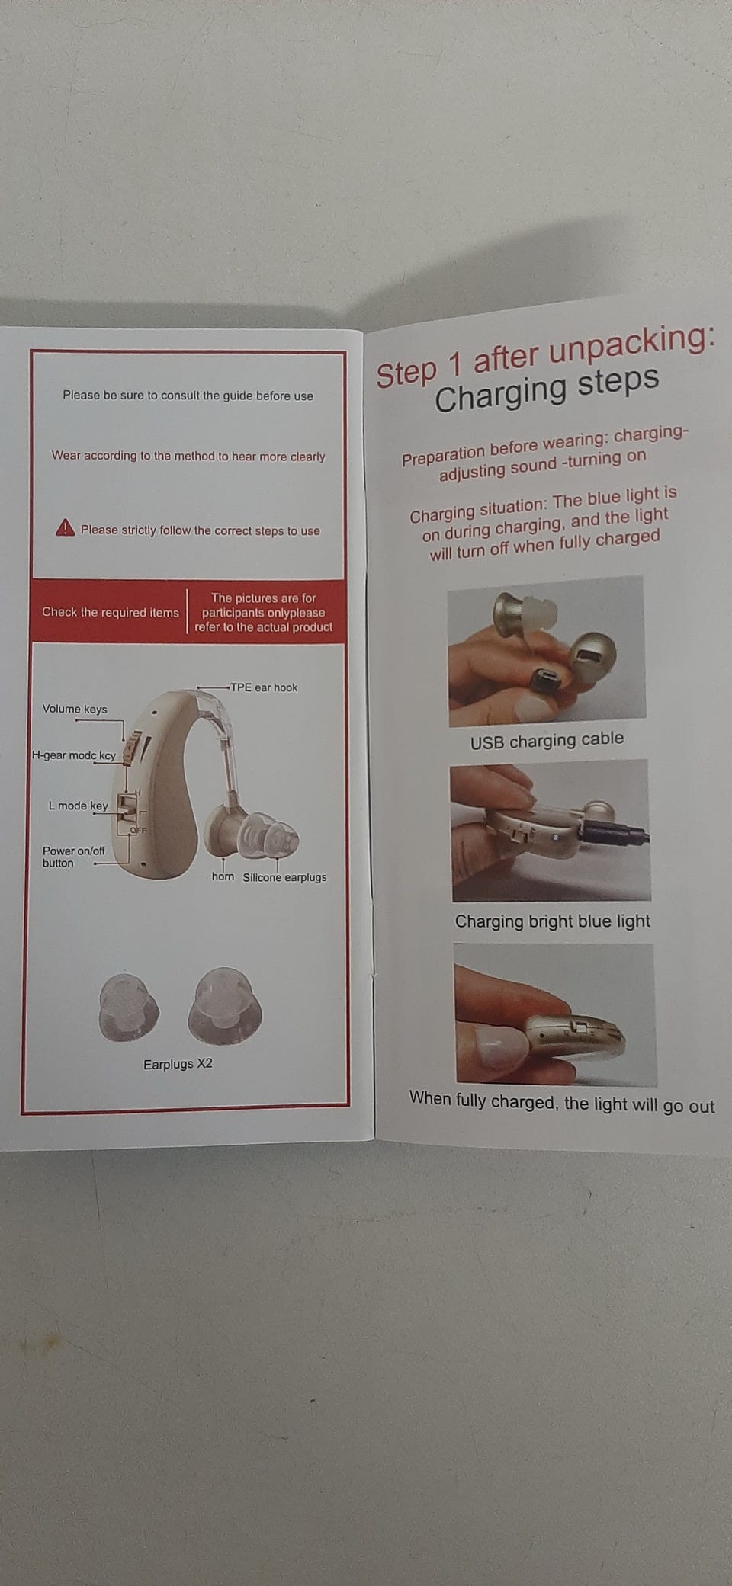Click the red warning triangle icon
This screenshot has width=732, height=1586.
point(65,527)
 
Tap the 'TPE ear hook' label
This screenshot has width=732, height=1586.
point(264,687)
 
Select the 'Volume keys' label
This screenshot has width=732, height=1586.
point(75,709)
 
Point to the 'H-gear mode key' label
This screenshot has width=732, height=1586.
point(73,755)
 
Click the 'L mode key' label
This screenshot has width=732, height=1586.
point(78,806)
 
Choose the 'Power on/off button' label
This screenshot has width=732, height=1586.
point(73,857)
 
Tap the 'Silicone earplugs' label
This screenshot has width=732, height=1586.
point(284,877)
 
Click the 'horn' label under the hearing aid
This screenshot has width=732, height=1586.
point(223,876)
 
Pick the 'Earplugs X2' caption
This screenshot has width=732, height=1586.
point(178,1064)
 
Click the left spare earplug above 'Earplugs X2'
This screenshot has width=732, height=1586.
point(129,1007)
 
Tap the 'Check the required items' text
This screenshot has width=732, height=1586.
point(111,612)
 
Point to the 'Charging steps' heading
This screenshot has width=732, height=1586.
point(547,389)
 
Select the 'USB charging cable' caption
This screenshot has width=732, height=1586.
point(547,740)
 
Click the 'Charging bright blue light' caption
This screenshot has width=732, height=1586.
point(552,921)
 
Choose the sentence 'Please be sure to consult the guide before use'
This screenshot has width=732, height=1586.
point(188,396)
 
